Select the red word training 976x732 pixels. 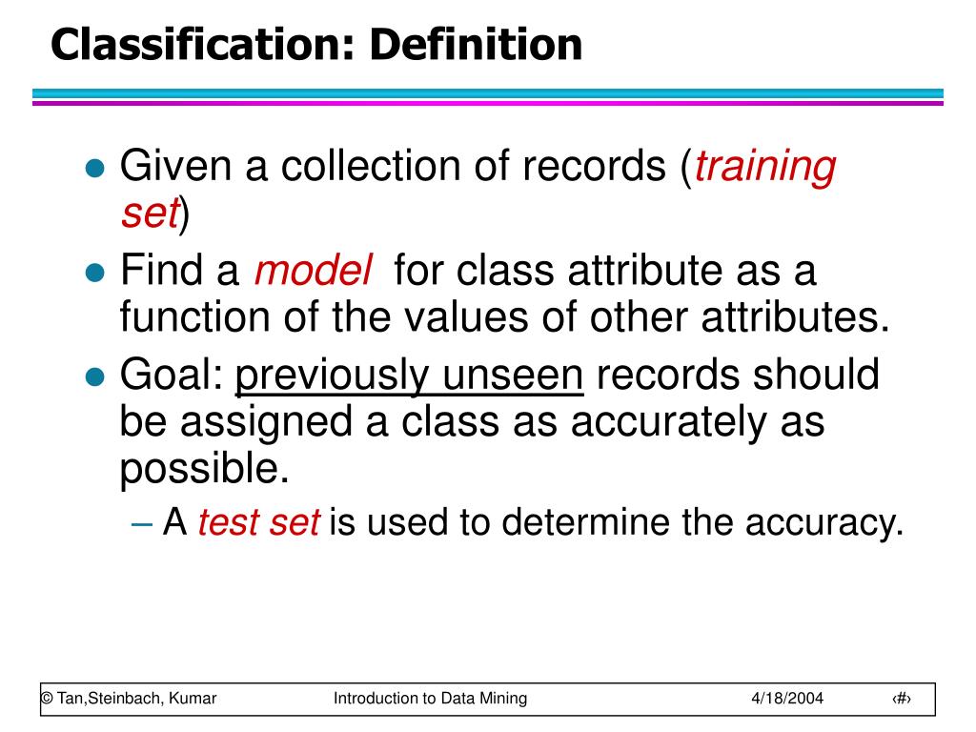coord(765,167)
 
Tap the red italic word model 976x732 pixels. coord(313,272)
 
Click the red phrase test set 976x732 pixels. coord(258,522)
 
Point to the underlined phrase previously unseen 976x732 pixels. coord(409,376)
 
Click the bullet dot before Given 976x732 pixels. coord(93,169)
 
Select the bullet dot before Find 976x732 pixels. coord(93,274)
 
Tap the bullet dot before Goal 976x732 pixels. coord(93,377)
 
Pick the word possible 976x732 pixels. coord(203,469)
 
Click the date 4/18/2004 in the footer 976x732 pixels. coord(786,699)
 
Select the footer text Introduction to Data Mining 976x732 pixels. coord(430,699)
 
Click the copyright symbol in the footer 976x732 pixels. coord(46,699)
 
